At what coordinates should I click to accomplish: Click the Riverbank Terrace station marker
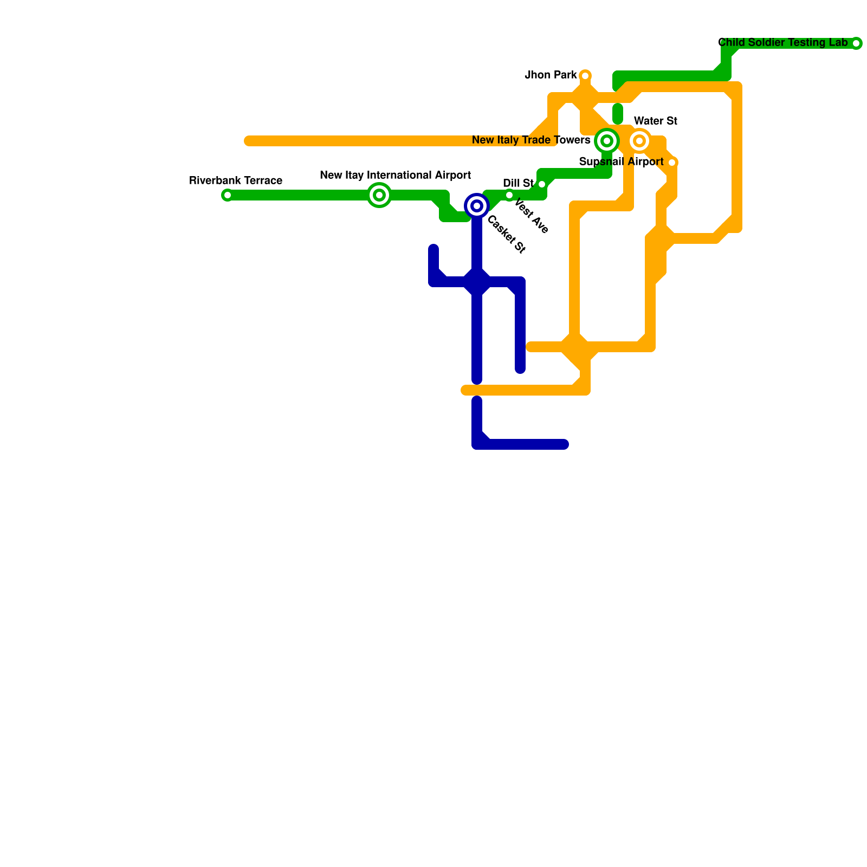228,195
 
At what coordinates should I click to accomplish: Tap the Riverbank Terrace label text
236,180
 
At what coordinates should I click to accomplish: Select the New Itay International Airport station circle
379,195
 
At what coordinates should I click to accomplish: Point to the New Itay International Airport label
395,175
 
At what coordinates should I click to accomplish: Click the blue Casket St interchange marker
477,206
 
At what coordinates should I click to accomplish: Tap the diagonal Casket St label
506,235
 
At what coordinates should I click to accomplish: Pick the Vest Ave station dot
509,195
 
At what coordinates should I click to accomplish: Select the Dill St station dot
542,184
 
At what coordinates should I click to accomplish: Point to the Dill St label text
518,183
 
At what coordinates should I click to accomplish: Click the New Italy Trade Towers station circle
607,141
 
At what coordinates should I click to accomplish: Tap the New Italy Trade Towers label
531,140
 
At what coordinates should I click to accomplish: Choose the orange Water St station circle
639,141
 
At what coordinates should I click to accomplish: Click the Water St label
656,121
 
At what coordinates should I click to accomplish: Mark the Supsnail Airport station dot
672,163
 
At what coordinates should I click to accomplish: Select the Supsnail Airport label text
621,161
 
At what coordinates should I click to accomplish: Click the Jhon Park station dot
585,76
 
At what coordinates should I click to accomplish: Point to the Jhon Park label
551,75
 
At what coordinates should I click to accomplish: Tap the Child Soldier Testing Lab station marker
856,43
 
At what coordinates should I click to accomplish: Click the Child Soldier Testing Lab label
782,42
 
